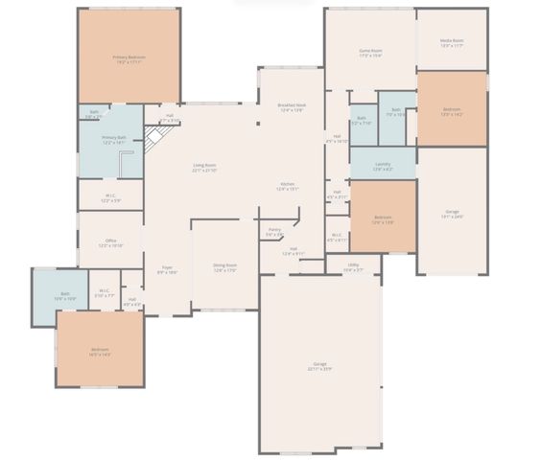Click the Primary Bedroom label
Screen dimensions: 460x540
(128, 59)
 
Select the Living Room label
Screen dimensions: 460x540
(204, 169)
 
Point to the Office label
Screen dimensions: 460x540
(111, 242)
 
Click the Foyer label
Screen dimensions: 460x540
(167, 270)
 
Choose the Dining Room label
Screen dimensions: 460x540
(224, 268)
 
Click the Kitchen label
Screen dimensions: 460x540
(288, 186)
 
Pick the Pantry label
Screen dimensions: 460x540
(274, 232)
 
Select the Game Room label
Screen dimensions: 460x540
(370, 53)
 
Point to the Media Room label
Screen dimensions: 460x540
(452, 43)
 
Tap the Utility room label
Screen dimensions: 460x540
(354, 267)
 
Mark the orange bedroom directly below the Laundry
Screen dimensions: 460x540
(383, 218)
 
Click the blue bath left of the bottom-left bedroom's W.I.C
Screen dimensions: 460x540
(65, 296)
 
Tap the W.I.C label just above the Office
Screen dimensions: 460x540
(111, 198)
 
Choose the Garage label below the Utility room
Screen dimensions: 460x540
(319, 366)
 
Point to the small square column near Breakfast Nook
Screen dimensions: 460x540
(257, 123)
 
